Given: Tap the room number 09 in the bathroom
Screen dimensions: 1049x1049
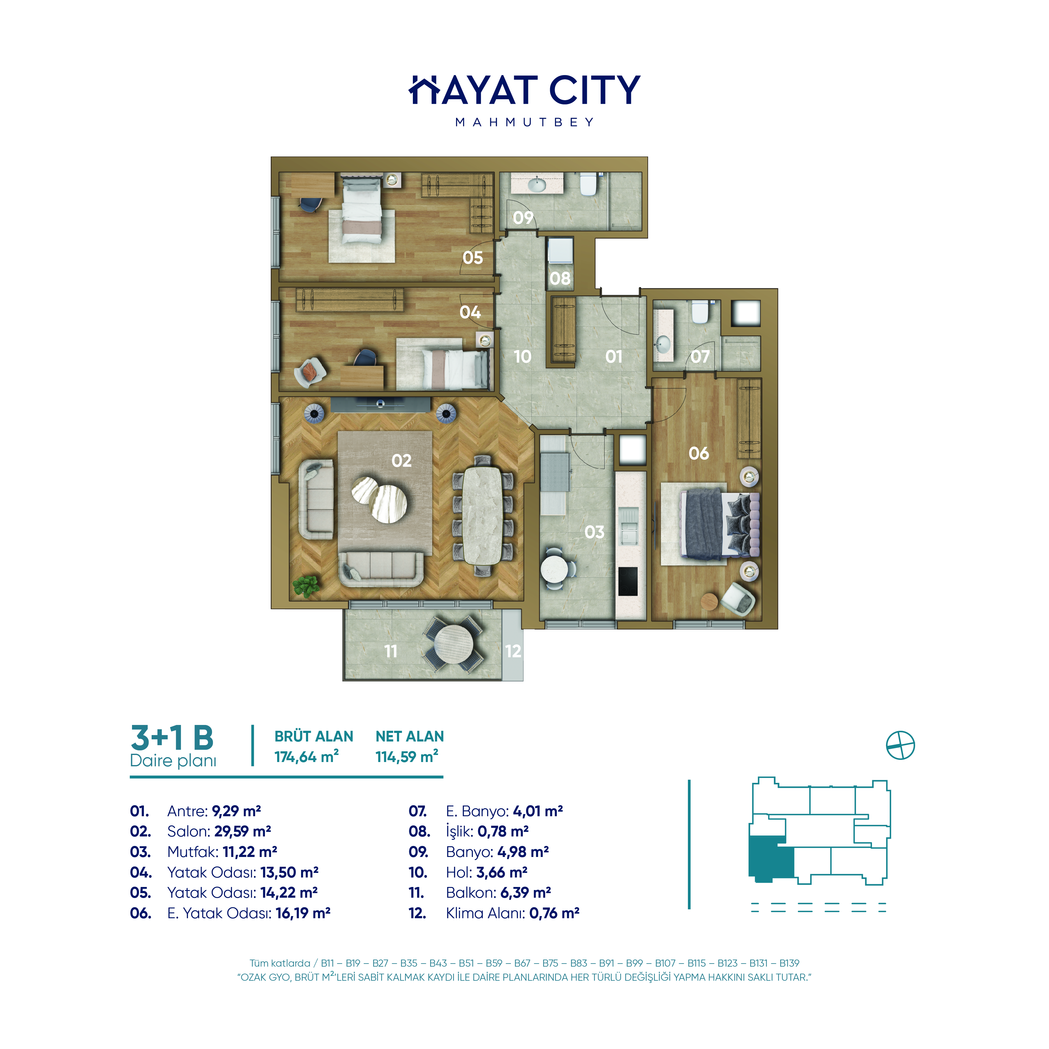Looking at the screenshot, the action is point(523,218).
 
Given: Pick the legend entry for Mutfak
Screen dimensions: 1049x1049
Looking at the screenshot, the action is point(204,852).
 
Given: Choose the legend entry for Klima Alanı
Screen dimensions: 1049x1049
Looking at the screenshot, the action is point(494,913).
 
